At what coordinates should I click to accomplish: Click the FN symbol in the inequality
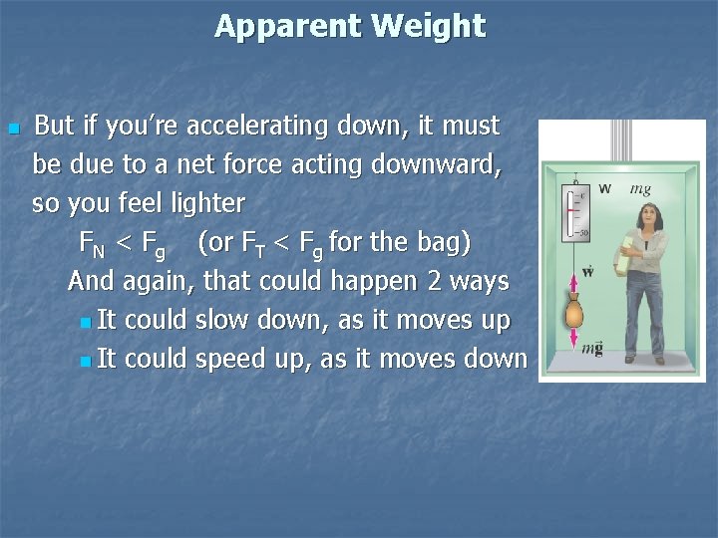pyautogui.click(x=92, y=243)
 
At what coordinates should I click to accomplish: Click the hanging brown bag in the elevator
pyautogui.click(x=574, y=314)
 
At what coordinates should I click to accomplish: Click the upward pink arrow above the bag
pyautogui.click(x=574, y=284)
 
